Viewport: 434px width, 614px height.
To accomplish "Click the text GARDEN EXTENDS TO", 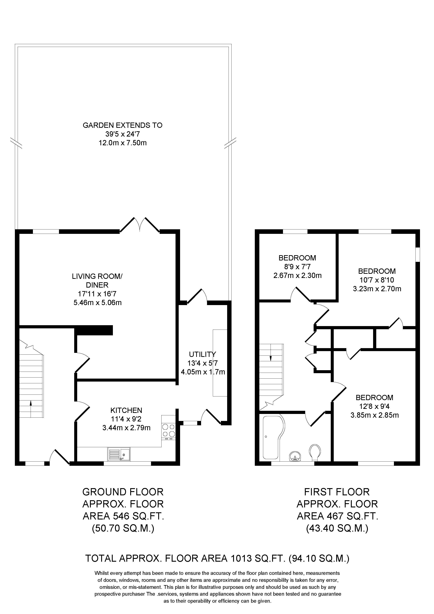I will (x=122, y=125).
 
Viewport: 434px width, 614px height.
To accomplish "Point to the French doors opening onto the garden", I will (x=140, y=225).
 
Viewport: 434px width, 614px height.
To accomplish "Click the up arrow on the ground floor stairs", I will (x=31, y=403).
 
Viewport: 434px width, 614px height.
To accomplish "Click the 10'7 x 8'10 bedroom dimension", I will (x=377, y=280).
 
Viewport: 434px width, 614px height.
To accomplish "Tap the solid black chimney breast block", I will (x=94, y=330).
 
